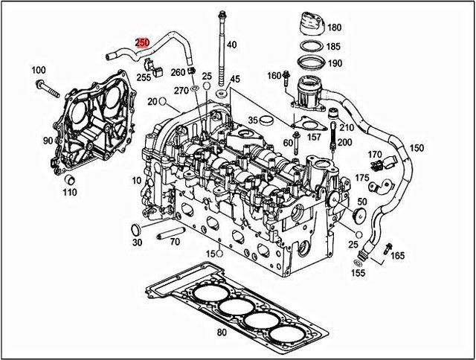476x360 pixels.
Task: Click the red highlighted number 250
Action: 142,44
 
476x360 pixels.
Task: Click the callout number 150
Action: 416,148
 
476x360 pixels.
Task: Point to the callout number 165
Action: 398,256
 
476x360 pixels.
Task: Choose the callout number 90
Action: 48,141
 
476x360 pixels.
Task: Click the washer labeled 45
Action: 222,98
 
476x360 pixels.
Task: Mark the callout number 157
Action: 315,137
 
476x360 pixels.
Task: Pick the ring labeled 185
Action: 310,46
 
